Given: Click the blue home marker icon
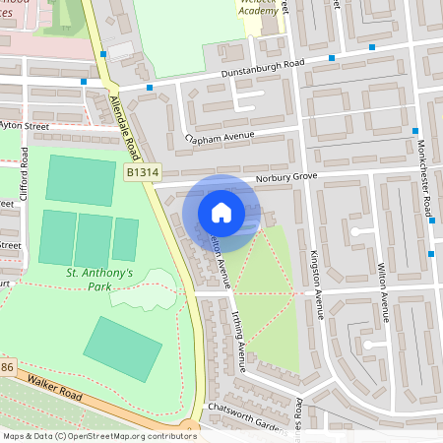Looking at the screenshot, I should click(221, 213).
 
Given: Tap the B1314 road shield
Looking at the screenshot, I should click(141, 172).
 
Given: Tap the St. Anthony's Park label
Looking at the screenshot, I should click(98, 279).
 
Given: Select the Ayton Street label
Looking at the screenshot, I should click(24, 126).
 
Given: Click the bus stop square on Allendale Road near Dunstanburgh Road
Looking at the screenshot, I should click(149, 87).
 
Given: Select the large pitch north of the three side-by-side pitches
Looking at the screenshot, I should click(80, 180).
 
